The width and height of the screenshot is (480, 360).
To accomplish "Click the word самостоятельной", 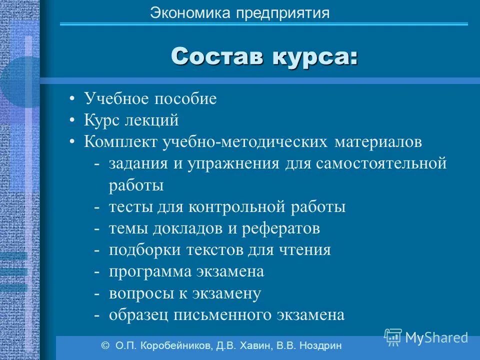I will [380, 164].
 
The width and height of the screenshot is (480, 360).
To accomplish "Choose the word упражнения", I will [233, 164].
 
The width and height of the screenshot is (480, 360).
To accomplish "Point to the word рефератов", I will [281, 228].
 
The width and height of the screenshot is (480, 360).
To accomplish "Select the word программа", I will [151, 272].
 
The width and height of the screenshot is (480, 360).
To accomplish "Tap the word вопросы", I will [140, 293].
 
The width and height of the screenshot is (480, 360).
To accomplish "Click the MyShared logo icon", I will [393, 336].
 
